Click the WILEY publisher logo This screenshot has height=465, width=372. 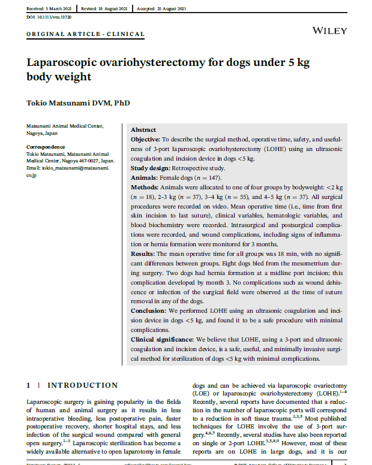pyautogui.click(x=329, y=29)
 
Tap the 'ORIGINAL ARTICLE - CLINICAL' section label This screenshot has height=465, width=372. pyautogui.click(x=85, y=34)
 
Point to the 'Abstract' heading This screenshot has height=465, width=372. pyautogui.click(x=143, y=130)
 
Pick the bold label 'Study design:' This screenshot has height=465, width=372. pyautogui.click(x=151, y=169)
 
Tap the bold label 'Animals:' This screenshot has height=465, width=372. pyautogui.click(x=144, y=179)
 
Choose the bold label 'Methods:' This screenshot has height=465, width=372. pyautogui.click(x=145, y=188)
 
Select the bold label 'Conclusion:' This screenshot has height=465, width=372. pyautogui.click(x=149, y=311)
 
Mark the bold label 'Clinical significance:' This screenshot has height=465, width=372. pyautogui.click(x=162, y=339)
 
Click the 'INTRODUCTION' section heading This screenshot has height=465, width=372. pyautogui.click(x=83, y=385)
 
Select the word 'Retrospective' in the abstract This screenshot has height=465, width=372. pyautogui.click(x=191, y=169)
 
